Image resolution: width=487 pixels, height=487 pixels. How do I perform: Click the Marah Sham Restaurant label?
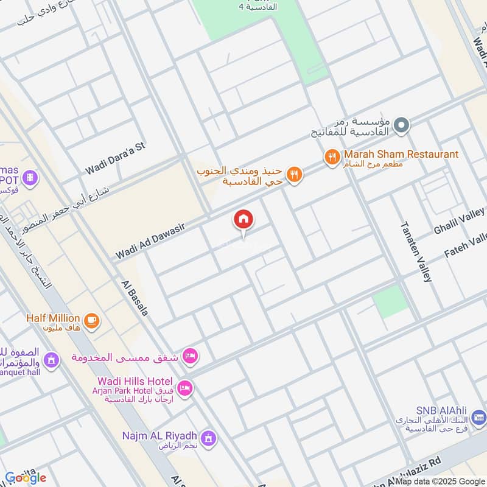(x=401, y=155)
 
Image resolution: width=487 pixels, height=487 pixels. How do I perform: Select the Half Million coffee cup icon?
(x=91, y=321)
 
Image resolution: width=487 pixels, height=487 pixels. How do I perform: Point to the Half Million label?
(x=53, y=318)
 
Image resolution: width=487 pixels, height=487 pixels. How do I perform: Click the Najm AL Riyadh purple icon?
(x=209, y=438)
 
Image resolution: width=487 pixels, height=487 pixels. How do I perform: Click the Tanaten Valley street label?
(x=416, y=251)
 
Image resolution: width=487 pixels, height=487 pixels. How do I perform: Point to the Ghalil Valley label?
(x=459, y=222)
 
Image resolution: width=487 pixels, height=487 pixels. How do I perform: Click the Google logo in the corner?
(x=25, y=478)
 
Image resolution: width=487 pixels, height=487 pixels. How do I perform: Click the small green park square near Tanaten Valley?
(x=390, y=300)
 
